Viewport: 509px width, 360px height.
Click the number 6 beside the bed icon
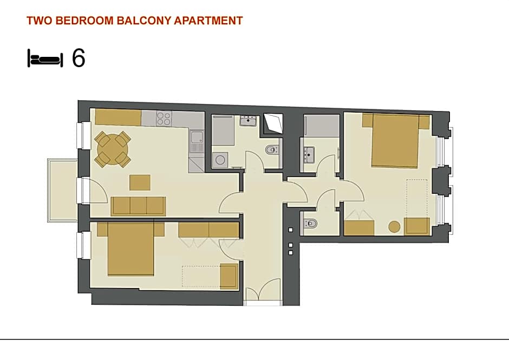coord(79,58)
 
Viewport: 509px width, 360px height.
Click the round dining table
coord(113,148)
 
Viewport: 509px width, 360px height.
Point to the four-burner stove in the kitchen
coord(164,119)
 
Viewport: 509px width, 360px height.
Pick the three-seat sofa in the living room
coord(138,206)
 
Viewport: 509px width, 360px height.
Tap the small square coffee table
coord(140,182)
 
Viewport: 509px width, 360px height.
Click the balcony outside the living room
coord(62,190)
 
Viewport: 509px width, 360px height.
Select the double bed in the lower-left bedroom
coord(130,250)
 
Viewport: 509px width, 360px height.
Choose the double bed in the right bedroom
coord(395,140)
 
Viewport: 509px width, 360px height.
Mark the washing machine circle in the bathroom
coord(220,160)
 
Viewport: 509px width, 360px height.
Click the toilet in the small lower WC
coord(311,223)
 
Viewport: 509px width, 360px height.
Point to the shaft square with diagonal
coord(273,124)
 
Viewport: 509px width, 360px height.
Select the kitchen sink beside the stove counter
coord(196,141)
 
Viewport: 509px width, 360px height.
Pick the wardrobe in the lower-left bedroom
coord(208,231)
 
